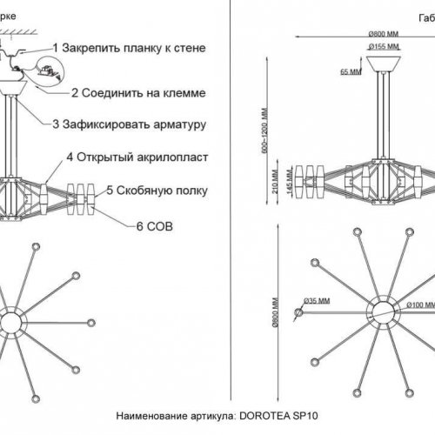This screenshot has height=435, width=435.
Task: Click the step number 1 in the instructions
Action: pos(57,48)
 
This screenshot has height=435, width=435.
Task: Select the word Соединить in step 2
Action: pos(114,91)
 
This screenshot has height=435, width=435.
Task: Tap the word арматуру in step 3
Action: pos(172,125)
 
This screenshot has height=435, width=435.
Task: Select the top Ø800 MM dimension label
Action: pos(380,33)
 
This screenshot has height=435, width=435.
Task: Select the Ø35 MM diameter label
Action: pos(318,301)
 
